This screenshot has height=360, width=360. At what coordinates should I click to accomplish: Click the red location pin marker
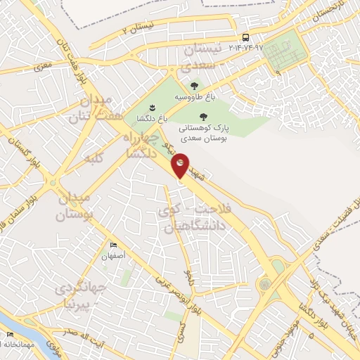click(181, 164)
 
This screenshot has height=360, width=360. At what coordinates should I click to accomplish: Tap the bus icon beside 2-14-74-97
click(245, 37)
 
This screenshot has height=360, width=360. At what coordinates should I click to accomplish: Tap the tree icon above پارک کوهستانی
click(203, 117)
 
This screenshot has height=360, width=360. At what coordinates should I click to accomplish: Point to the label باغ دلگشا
click(153, 119)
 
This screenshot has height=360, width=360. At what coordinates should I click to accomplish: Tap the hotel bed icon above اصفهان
click(114, 245)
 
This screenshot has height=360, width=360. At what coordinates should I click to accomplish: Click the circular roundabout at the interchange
click(265, 285)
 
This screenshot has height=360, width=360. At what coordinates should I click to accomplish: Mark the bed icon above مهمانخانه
click(10, 335)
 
